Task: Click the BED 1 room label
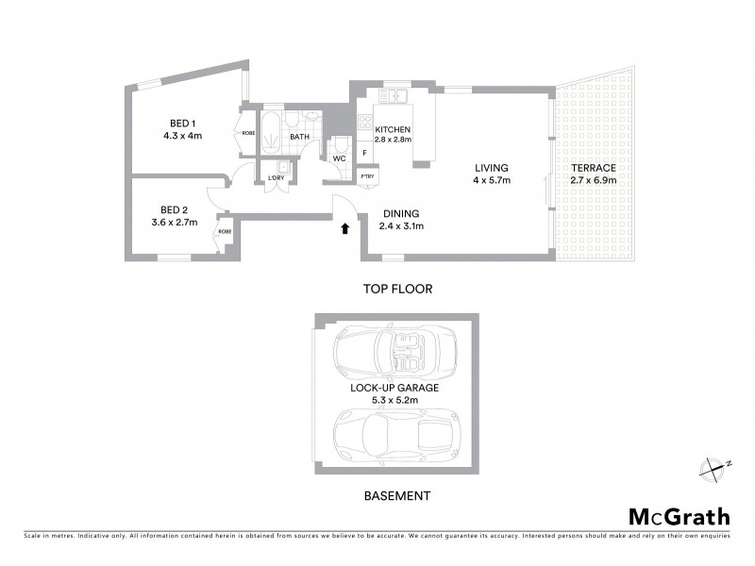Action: click(x=182, y=124)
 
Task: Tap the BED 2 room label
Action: click(x=176, y=209)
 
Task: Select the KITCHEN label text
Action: click(x=392, y=129)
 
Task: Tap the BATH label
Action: click(x=300, y=137)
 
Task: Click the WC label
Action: click(x=339, y=158)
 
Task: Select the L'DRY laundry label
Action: click(x=276, y=177)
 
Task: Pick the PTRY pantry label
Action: click(x=368, y=176)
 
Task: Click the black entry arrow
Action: click(x=345, y=227)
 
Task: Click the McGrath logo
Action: click(x=679, y=516)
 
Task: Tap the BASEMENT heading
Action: click(x=396, y=495)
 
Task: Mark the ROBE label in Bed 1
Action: click(x=248, y=133)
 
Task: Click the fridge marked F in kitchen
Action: click(x=365, y=151)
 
